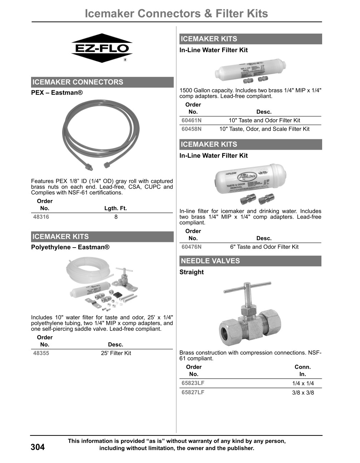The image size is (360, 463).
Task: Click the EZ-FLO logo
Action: click(x=102, y=48)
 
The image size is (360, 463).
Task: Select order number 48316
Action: click(x=41, y=217)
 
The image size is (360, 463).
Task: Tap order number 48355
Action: click(x=41, y=353)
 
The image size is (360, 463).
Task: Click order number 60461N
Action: click(x=191, y=120)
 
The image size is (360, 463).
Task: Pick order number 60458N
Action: click(x=191, y=129)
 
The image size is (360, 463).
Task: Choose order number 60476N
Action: click(x=191, y=247)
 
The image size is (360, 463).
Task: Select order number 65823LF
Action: click(x=193, y=383)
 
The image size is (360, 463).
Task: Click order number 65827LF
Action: click(x=193, y=392)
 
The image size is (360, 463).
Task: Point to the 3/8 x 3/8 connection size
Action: click(x=303, y=393)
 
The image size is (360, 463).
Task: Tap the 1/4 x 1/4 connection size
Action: click(x=303, y=383)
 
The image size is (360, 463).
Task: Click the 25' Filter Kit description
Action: click(x=116, y=353)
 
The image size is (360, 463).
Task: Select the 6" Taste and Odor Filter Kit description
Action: click(x=264, y=247)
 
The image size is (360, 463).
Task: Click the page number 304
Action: click(x=38, y=447)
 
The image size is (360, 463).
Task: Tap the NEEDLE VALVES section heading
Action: click(x=210, y=261)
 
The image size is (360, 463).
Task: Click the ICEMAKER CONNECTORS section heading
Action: click(x=78, y=82)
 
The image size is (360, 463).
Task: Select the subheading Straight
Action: click(x=191, y=272)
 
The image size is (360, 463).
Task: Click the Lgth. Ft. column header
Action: click(x=115, y=208)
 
